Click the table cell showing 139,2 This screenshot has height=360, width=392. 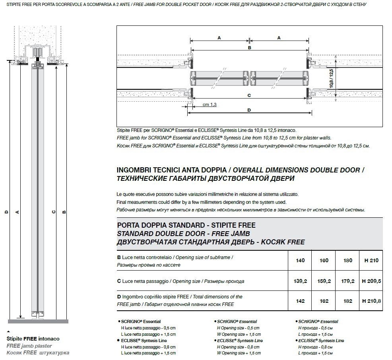(x=301, y=281)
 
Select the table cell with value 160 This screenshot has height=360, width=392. (x=324, y=261)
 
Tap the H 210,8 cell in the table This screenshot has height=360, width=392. (x=371, y=301)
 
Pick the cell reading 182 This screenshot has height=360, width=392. (x=347, y=301)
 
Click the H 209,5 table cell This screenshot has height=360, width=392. (x=371, y=281)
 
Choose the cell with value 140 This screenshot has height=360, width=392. (x=301, y=261)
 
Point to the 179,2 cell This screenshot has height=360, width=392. (x=347, y=281)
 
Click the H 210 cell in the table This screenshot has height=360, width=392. (x=371, y=261)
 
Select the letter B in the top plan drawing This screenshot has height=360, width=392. (x=249, y=48)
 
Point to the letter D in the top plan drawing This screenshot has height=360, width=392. (x=249, y=110)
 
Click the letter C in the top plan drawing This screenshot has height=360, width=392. (x=249, y=95)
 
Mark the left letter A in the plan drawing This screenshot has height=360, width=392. (x=219, y=38)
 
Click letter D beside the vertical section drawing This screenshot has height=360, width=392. (x=6, y=212)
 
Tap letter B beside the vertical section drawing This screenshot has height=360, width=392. (x=64, y=212)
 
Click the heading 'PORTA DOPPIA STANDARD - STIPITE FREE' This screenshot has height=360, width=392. (x=186, y=225)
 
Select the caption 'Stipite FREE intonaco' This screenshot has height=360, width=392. (x=33, y=339)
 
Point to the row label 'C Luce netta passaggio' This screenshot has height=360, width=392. (x=143, y=281)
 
